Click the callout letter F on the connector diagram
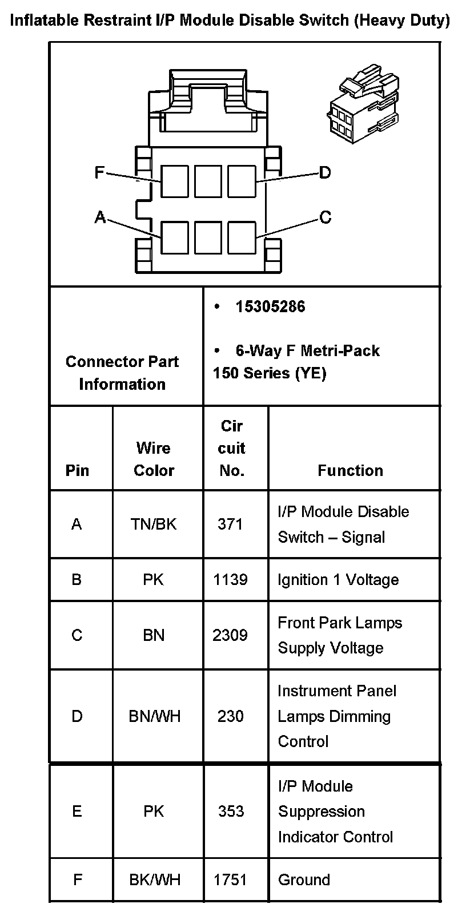point(99,172)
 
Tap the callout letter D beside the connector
point(324,172)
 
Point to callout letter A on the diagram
point(100,217)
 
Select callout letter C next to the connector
point(325,217)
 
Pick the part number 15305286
point(270,307)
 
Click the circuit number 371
point(230,524)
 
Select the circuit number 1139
point(230,580)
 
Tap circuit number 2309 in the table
point(230,635)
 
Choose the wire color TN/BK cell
point(154,524)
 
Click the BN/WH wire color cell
point(154,716)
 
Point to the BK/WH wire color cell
point(154,879)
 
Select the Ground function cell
point(304,879)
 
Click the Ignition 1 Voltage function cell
point(338,580)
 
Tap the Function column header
point(350,470)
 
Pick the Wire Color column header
point(154,459)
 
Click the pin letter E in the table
point(77,811)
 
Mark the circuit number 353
point(231,811)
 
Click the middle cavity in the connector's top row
point(208,181)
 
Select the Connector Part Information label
point(122,373)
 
